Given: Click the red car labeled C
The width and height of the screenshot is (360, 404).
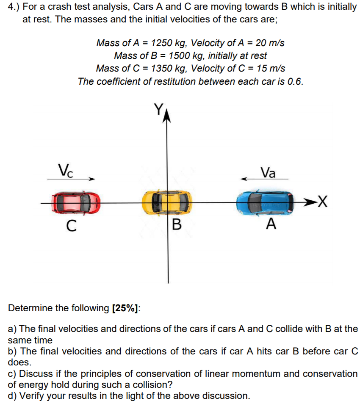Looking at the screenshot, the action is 76,203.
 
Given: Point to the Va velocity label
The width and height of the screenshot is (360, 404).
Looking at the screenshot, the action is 268,172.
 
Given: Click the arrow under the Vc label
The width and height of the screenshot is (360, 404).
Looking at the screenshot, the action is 71,179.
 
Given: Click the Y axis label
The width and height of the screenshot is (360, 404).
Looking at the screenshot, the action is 158,110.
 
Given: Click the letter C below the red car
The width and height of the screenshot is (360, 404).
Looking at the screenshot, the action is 72,226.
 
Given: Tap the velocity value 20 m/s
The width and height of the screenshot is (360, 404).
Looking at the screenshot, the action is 269,43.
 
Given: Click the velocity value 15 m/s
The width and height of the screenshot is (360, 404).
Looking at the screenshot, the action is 269,68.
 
